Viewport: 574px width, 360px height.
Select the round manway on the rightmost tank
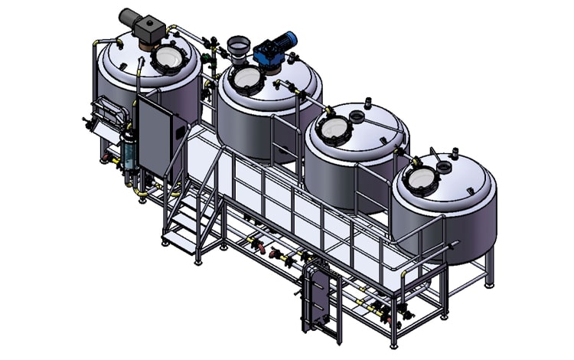(x=420, y=178)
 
